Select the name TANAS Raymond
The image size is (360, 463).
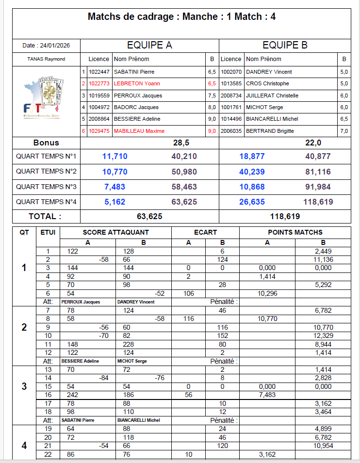pyautogui.click(x=46, y=59)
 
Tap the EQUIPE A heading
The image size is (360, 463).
pyautogui.click(x=149, y=46)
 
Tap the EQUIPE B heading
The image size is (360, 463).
pyautogui.click(x=285, y=46)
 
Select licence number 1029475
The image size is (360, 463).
pyautogui.click(x=99, y=131)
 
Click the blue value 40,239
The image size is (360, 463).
pyautogui.click(x=252, y=172)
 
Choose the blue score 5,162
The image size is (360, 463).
pyautogui.click(x=115, y=202)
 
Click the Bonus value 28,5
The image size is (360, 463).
pyautogui.click(x=181, y=143)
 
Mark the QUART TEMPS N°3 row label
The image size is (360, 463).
pyautogui.click(x=46, y=187)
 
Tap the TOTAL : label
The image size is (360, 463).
pyautogui.click(x=45, y=216)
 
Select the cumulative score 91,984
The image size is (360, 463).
pyautogui.click(x=318, y=187)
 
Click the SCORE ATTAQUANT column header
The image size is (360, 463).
pyautogui.click(x=116, y=232)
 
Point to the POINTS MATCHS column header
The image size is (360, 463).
pyautogui.click(x=295, y=232)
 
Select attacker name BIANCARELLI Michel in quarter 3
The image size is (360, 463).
pyautogui.click(x=139, y=420)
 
